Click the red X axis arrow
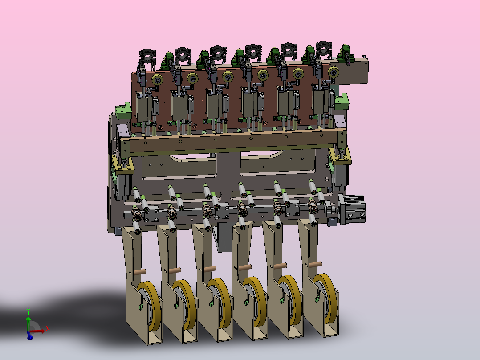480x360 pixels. click(x=39, y=331)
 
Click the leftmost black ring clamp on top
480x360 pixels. click(x=147, y=56)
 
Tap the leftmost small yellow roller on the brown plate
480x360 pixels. click(x=157, y=80)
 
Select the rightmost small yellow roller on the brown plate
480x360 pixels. click(x=334, y=72)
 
